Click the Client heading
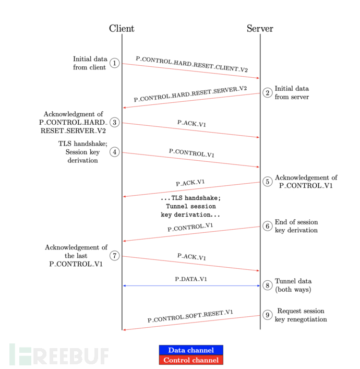point(122,29)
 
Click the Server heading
point(260,29)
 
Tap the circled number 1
point(115,63)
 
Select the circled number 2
point(268,93)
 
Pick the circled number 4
point(115,152)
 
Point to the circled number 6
point(268,226)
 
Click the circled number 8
point(268,285)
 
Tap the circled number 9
point(268,315)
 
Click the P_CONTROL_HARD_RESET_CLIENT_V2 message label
point(191,64)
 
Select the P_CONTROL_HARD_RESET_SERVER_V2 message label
point(190,94)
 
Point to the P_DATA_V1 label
point(191,279)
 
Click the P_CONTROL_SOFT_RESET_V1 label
point(190,316)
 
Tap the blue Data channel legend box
point(191,350)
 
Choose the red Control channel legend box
point(191,360)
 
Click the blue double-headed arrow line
point(191,285)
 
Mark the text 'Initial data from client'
point(90,63)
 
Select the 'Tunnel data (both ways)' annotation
point(293,285)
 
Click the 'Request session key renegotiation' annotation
point(301,315)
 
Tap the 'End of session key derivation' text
point(296,226)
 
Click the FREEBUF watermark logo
point(59,354)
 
